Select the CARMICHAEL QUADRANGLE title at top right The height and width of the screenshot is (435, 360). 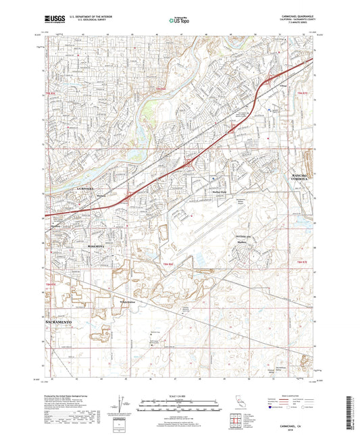[x=290, y=16]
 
